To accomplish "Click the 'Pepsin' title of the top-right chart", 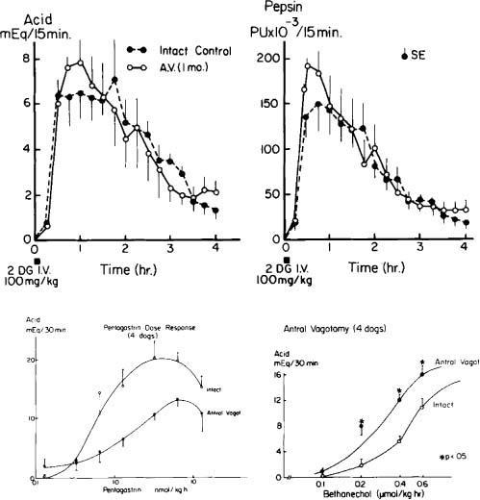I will (x=279, y=9).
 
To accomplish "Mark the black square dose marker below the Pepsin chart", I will (x=264, y=261).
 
